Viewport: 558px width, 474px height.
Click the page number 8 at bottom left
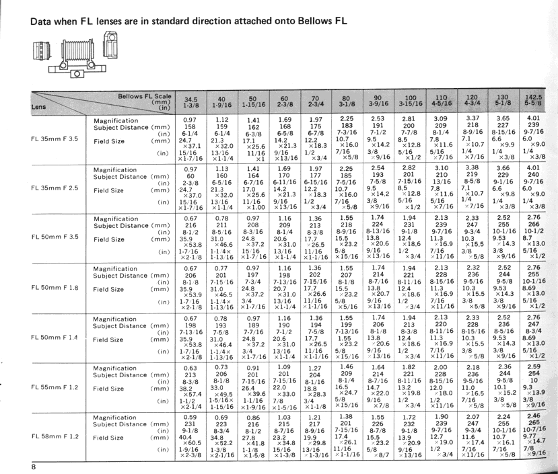pyautogui.click(x=32, y=466)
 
